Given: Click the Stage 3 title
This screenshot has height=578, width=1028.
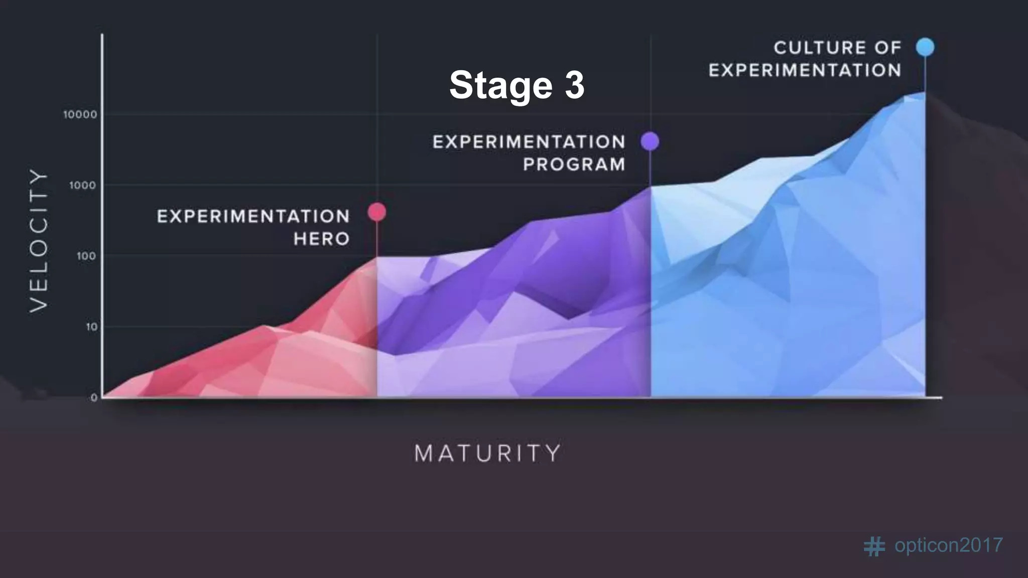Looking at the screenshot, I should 517,84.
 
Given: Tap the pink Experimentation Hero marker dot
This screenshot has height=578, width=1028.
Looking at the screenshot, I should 377,212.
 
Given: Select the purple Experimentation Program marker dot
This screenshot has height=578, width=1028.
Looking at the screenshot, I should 650,141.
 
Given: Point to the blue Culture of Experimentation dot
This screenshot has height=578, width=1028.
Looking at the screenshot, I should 925,47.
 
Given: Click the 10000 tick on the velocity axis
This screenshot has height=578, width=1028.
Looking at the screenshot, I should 80,115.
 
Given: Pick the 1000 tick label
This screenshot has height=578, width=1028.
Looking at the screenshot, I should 83,186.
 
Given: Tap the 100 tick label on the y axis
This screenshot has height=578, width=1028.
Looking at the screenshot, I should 86,256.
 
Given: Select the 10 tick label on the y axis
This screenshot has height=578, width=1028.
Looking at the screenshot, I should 91,327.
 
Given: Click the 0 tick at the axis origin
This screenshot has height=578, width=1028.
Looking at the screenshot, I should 94,398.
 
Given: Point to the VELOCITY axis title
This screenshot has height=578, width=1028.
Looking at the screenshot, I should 39,240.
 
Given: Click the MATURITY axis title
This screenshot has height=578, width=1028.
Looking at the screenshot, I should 487,454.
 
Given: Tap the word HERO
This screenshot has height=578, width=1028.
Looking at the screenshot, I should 322,239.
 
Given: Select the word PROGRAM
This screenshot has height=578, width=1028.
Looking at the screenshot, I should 574,165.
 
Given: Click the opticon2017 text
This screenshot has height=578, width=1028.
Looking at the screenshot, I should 949,545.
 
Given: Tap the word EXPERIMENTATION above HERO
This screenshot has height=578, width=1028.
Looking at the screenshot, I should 253,217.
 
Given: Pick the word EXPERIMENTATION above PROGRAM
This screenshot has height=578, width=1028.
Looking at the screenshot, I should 529,142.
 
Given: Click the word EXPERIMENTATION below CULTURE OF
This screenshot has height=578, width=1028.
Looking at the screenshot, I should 805,70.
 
